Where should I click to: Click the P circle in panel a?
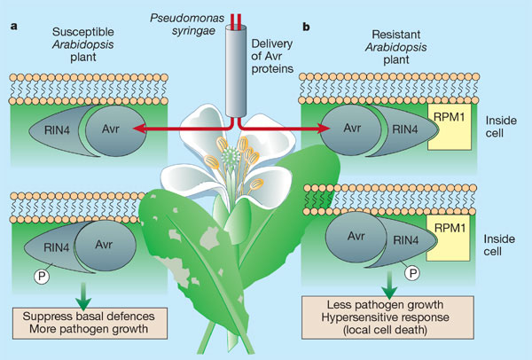[x=39, y=277]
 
